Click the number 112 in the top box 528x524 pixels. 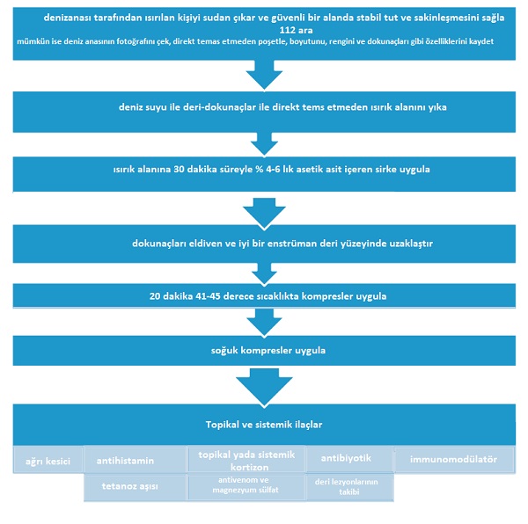point(287,30)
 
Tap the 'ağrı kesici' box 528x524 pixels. point(48,460)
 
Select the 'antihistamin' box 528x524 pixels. point(135,460)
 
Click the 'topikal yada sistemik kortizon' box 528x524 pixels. point(246,460)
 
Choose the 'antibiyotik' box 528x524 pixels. point(349,460)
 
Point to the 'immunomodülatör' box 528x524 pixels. point(455,460)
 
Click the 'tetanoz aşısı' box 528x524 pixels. point(135,487)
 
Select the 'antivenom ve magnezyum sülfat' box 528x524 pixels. point(246,487)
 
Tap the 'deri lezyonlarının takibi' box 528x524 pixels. point(349,487)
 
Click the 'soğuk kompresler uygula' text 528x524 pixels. point(268,351)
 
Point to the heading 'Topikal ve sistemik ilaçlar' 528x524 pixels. point(264,425)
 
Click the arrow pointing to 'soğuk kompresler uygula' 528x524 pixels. point(264,322)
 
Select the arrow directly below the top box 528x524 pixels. point(264,75)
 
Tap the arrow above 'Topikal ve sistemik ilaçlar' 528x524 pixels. point(264,388)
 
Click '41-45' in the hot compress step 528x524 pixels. point(208,296)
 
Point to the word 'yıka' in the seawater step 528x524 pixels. point(437,107)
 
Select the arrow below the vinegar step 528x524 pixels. point(264,214)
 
